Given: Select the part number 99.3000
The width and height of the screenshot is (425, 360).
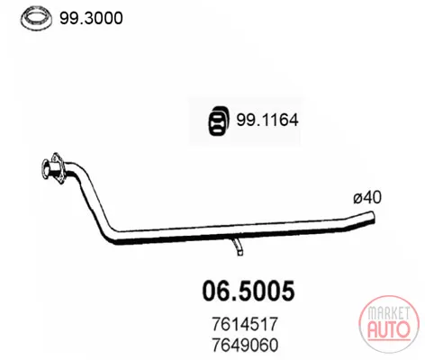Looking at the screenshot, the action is pyautogui.click(x=91, y=18).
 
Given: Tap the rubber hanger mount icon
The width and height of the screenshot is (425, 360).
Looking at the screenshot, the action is pyautogui.click(x=219, y=121).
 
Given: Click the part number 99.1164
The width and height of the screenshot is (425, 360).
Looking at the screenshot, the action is pyautogui.click(x=267, y=121).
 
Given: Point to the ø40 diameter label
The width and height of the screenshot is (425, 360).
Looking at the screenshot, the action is pyautogui.click(x=367, y=198).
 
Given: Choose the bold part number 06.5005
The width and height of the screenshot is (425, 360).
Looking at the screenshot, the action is pyautogui.click(x=249, y=291).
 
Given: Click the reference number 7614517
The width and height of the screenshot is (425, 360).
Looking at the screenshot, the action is pyautogui.click(x=245, y=324).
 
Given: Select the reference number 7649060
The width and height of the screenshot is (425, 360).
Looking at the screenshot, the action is pyautogui.click(x=245, y=345).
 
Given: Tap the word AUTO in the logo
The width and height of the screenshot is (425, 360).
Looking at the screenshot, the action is pyautogui.click(x=389, y=329).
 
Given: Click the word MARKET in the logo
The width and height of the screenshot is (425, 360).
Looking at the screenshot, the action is pyautogui.click(x=388, y=313).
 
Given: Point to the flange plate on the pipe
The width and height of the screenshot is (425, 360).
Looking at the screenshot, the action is pyautogui.click(x=58, y=167).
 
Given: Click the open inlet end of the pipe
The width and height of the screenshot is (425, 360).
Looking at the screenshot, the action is pyautogui.click(x=46, y=168).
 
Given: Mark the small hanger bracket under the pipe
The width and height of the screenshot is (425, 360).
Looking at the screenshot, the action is pyautogui.click(x=238, y=247).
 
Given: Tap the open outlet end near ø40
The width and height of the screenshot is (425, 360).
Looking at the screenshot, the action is pyautogui.click(x=373, y=217).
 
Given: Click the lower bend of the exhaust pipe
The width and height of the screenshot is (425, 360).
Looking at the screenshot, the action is pyautogui.click(x=112, y=236).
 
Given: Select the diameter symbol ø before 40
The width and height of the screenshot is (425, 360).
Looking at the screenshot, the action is pyautogui.click(x=357, y=199).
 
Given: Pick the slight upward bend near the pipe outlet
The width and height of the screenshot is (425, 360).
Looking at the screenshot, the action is pyautogui.click(x=349, y=223).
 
